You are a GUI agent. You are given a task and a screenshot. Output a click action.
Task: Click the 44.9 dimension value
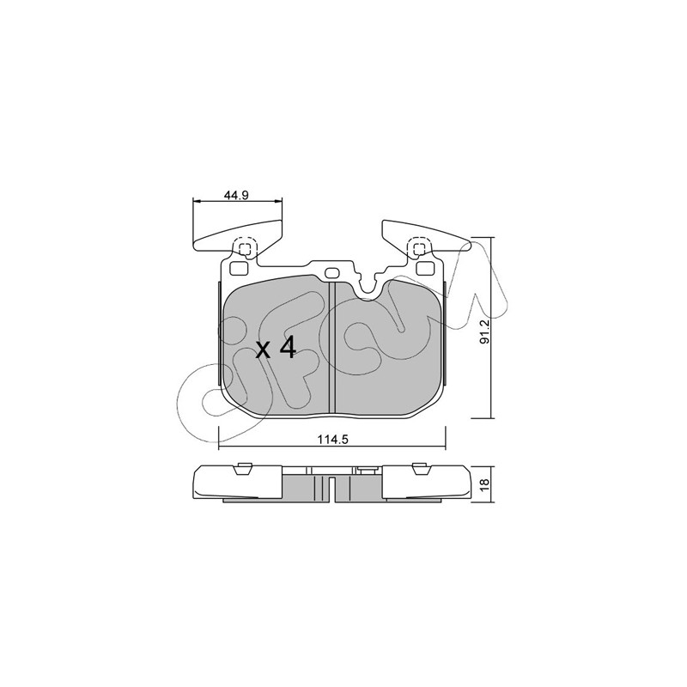pyautogui.click(x=236, y=196)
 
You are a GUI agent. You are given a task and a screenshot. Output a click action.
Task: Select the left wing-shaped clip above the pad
pyautogui.click(x=237, y=236)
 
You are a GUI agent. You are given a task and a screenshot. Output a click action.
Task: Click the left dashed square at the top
pyautogui.click(x=243, y=248)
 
